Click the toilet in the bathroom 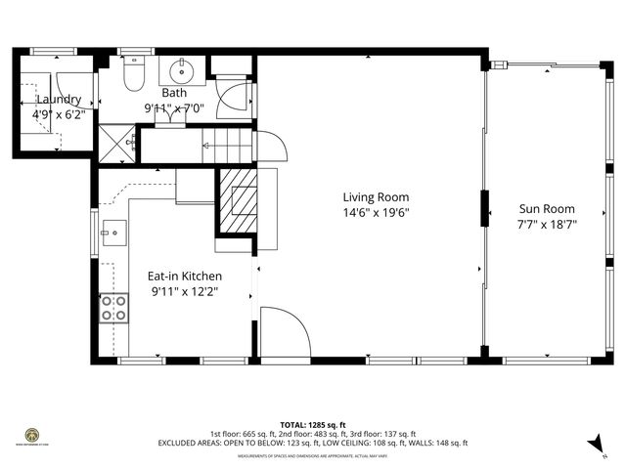[135, 72]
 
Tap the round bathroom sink [182, 70]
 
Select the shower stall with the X [119, 144]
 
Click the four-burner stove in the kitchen [113, 309]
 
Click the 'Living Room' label [376, 196]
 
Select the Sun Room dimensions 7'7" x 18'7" [546, 224]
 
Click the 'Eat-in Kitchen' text [185, 277]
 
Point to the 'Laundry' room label [59, 100]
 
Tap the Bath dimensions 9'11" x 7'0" [174, 108]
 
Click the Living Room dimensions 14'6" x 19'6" [376, 212]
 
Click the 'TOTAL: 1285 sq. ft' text [312, 425]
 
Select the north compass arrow [595, 445]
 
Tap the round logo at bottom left [31, 435]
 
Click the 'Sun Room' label [546, 209]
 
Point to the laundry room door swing [74, 88]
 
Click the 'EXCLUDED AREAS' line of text [312, 443]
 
